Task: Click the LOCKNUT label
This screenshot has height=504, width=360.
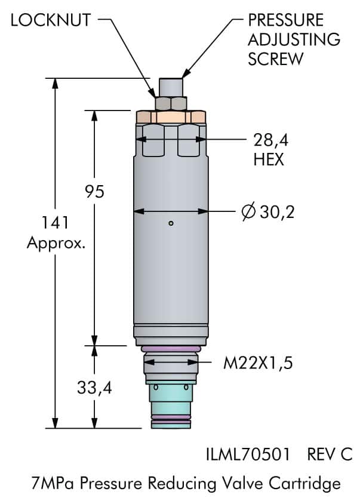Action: point(51,20)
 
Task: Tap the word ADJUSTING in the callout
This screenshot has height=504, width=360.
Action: point(294,39)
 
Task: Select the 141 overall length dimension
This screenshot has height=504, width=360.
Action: point(56,222)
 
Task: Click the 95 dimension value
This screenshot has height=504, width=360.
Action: point(94,191)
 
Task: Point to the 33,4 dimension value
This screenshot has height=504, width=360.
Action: point(94,388)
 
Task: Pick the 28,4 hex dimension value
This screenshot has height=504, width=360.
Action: point(270,140)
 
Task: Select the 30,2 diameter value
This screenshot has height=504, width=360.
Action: point(277,212)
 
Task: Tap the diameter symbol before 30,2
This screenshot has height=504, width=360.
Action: point(248,211)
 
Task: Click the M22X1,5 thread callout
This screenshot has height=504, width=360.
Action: point(258,363)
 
